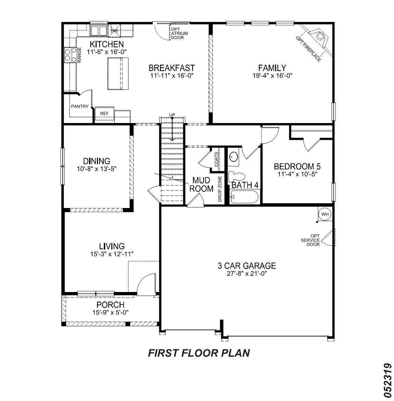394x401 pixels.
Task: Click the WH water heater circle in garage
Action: [x=325, y=214]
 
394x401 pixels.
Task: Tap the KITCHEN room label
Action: [x=107, y=45]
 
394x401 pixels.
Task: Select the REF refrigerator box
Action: [x=104, y=113]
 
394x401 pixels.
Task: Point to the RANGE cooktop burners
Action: [x=70, y=55]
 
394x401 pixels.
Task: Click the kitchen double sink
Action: [x=99, y=31]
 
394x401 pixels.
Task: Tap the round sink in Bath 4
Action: [x=234, y=157]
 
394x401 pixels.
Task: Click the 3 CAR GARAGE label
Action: [x=247, y=266]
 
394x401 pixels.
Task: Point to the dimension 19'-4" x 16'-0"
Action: [x=272, y=76]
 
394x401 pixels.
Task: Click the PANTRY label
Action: [x=80, y=107]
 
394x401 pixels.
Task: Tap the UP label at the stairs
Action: [x=172, y=115]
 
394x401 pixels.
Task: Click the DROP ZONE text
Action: [x=220, y=188]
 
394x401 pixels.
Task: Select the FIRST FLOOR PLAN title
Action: [x=199, y=353]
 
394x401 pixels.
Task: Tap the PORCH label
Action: [x=110, y=305]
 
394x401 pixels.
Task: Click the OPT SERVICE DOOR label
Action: [x=310, y=240]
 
